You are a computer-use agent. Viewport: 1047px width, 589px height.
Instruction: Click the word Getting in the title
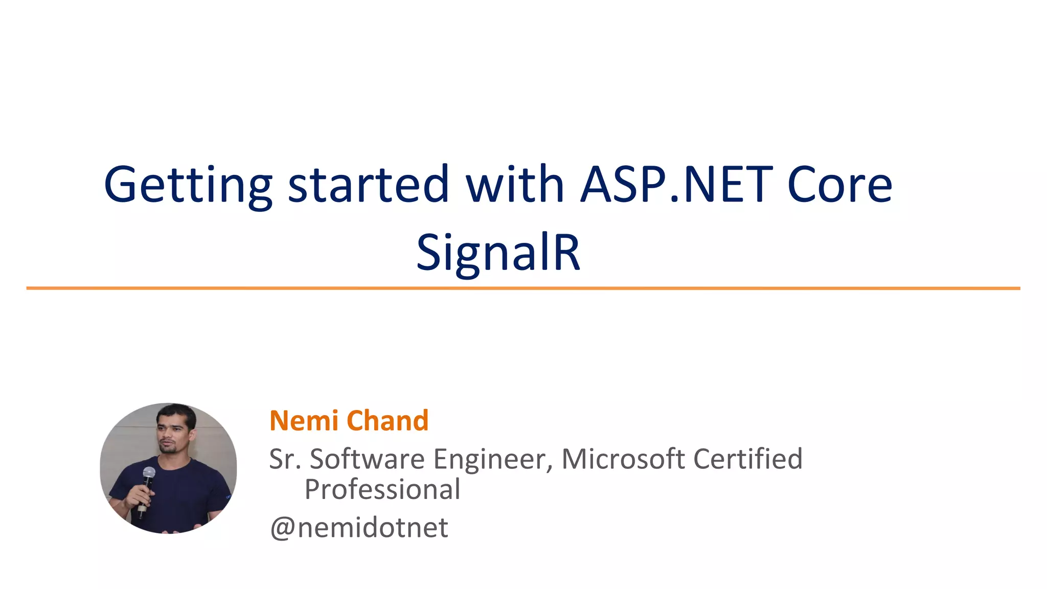tap(188, 185)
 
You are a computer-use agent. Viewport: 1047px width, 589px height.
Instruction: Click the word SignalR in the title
tap(498, 253)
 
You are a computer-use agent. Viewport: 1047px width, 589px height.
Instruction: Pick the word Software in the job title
tap(367, 459)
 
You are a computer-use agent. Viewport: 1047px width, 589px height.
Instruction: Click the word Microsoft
tap(623, 459)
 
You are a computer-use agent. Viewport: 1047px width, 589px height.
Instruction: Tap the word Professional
tap(382, 489)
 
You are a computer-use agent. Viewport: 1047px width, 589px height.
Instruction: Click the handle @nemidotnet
tap(359, 528)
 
